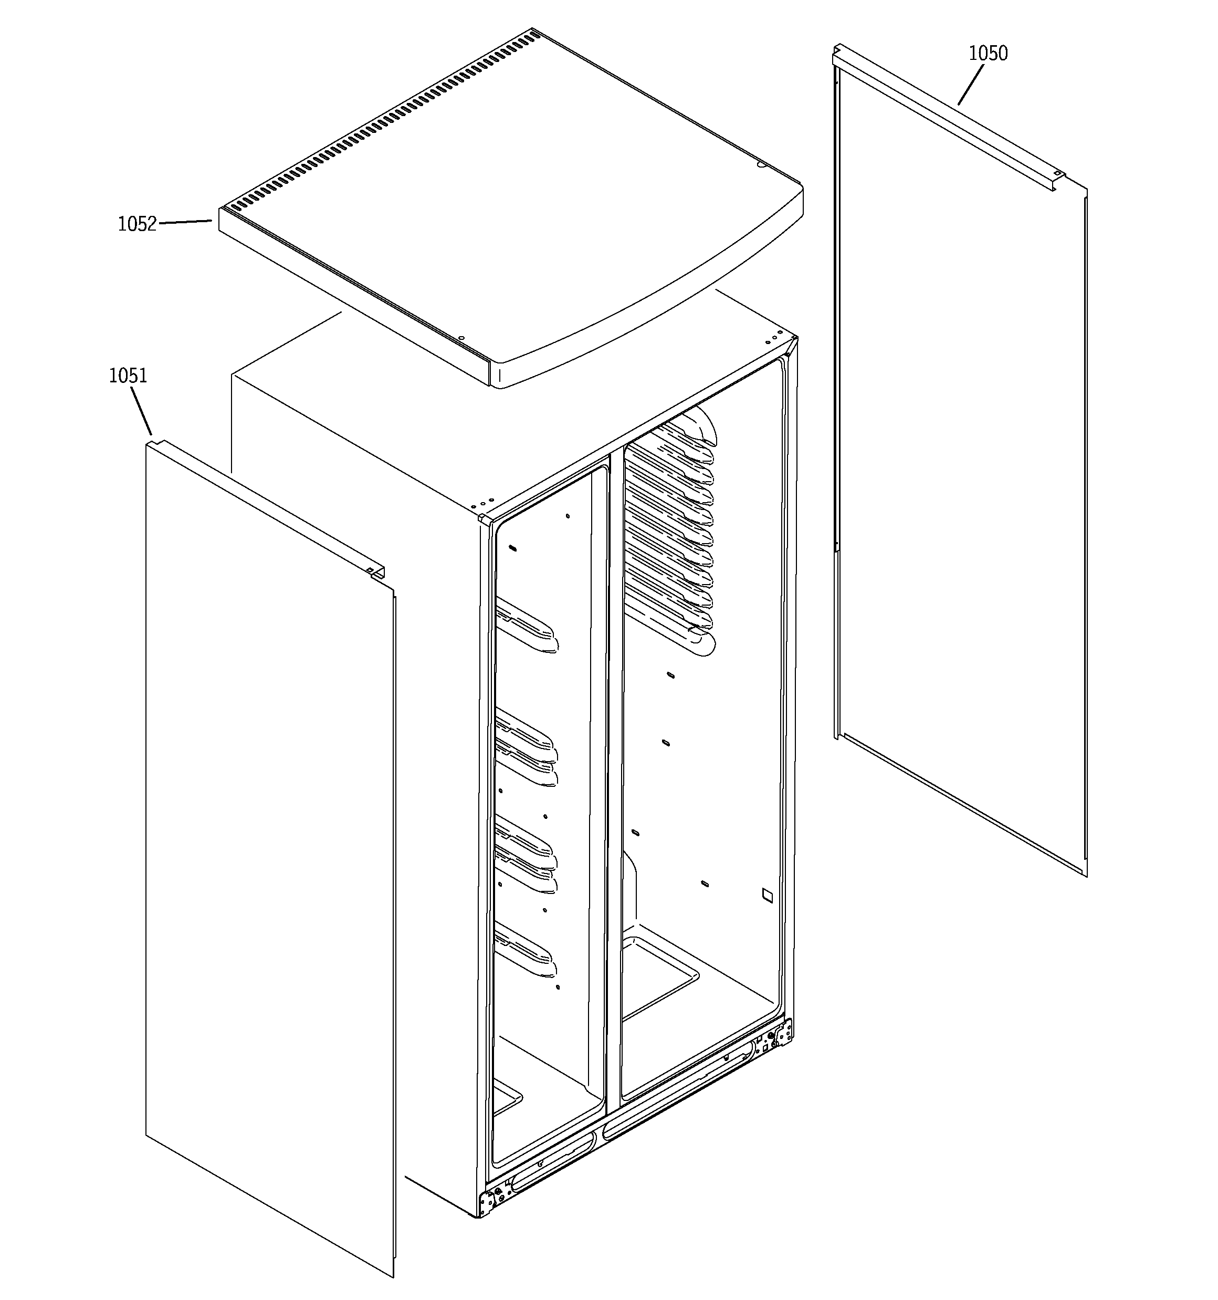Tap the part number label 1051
pos(128,376)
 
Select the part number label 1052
pos(138,224)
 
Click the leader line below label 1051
pos(142,411)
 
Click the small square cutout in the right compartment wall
pos(767,895)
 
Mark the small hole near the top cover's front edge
pos(461,338)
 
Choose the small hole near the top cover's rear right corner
pos(760,166)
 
